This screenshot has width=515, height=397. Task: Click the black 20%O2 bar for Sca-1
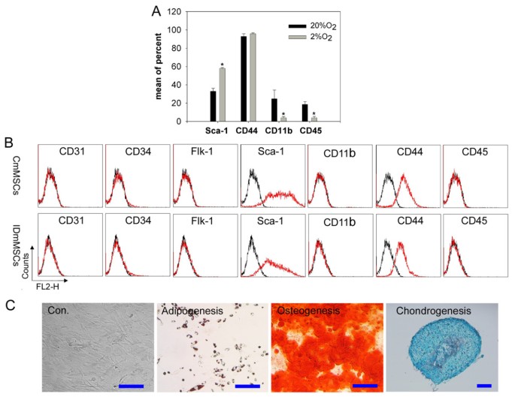(214, 106)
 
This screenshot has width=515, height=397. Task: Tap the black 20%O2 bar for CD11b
(274, 110)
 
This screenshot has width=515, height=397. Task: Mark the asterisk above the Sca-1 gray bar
(223, 64)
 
